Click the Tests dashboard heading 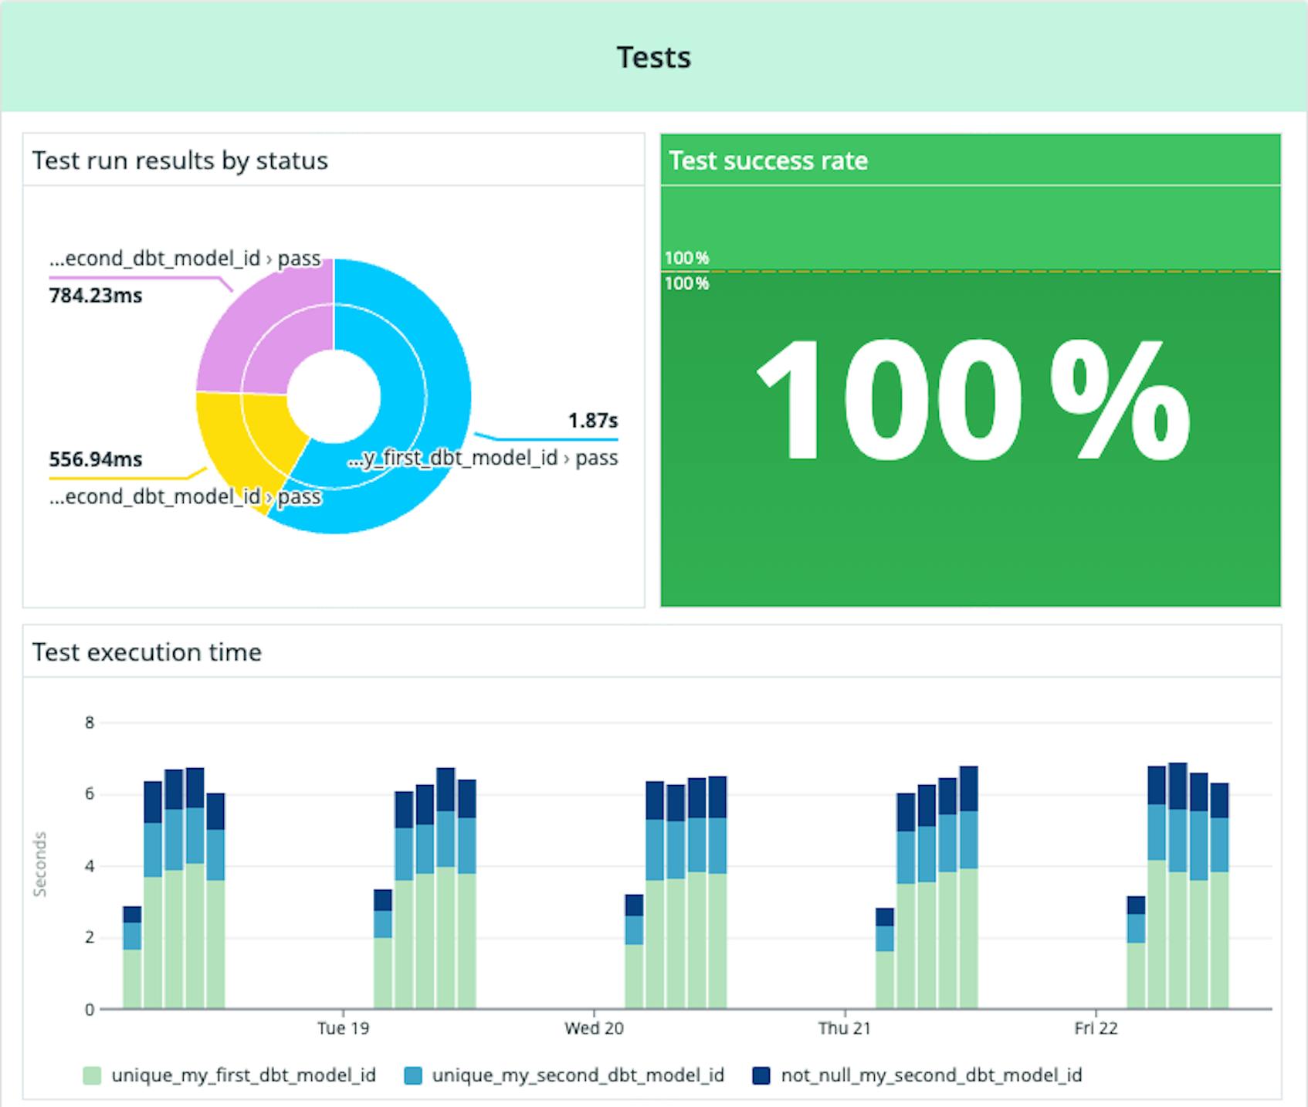(x=653, y=57)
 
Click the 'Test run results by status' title (x=180, y=161)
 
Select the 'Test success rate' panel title (x=768, y=161)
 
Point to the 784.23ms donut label (x=95, y=296)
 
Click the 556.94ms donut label (x=95, y=459)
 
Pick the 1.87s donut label (x=592, y=421)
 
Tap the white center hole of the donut (x=334, y=396)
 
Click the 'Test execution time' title (x=147, y=652)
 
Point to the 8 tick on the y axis (x=90, y=723)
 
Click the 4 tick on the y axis (x=90, y=866)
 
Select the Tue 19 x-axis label (x=343, y=1028)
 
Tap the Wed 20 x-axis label (x=594, y=1028)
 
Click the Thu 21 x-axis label (x=844, y=1028)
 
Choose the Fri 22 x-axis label (x=1096, y=1028)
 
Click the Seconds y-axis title (x=40, y=865)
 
